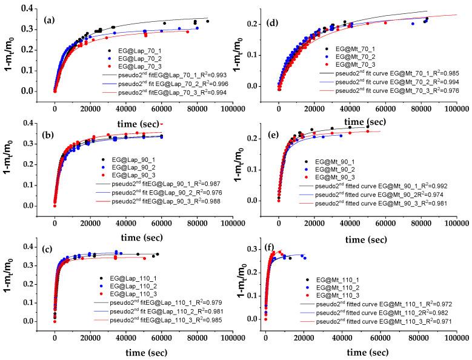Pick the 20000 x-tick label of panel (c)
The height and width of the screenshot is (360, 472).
pos(90,338)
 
